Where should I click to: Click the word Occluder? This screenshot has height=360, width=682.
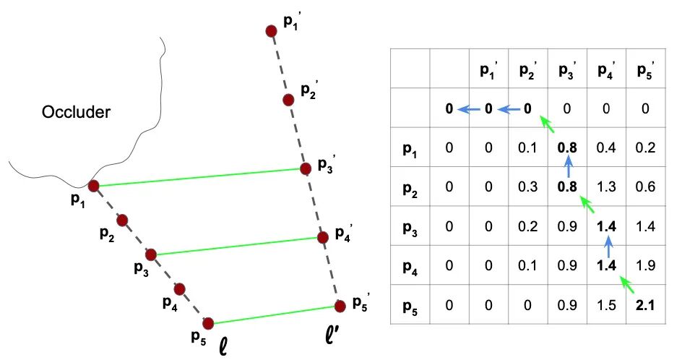pos(76,113)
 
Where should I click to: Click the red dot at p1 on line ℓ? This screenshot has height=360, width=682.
pos(93,186)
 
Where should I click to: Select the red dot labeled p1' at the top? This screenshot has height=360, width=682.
pos(271,31)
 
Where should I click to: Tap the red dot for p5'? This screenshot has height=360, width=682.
pos(339,307)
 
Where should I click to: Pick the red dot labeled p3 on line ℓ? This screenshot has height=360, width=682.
pos(151,254)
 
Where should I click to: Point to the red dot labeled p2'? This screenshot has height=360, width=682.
pos(288,100)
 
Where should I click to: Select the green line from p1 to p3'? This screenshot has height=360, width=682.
pos(199,178)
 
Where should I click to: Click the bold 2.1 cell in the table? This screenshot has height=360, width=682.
pos(644,306)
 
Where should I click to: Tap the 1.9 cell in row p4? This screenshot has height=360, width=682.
pos(644,266)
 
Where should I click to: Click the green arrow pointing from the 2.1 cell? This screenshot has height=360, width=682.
pos(626,286)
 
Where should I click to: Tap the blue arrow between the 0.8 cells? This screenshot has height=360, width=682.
pos(568,169)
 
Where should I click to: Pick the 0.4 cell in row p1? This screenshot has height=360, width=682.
pos(605,149)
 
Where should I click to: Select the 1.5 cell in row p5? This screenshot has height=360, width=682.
pos(605,306)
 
